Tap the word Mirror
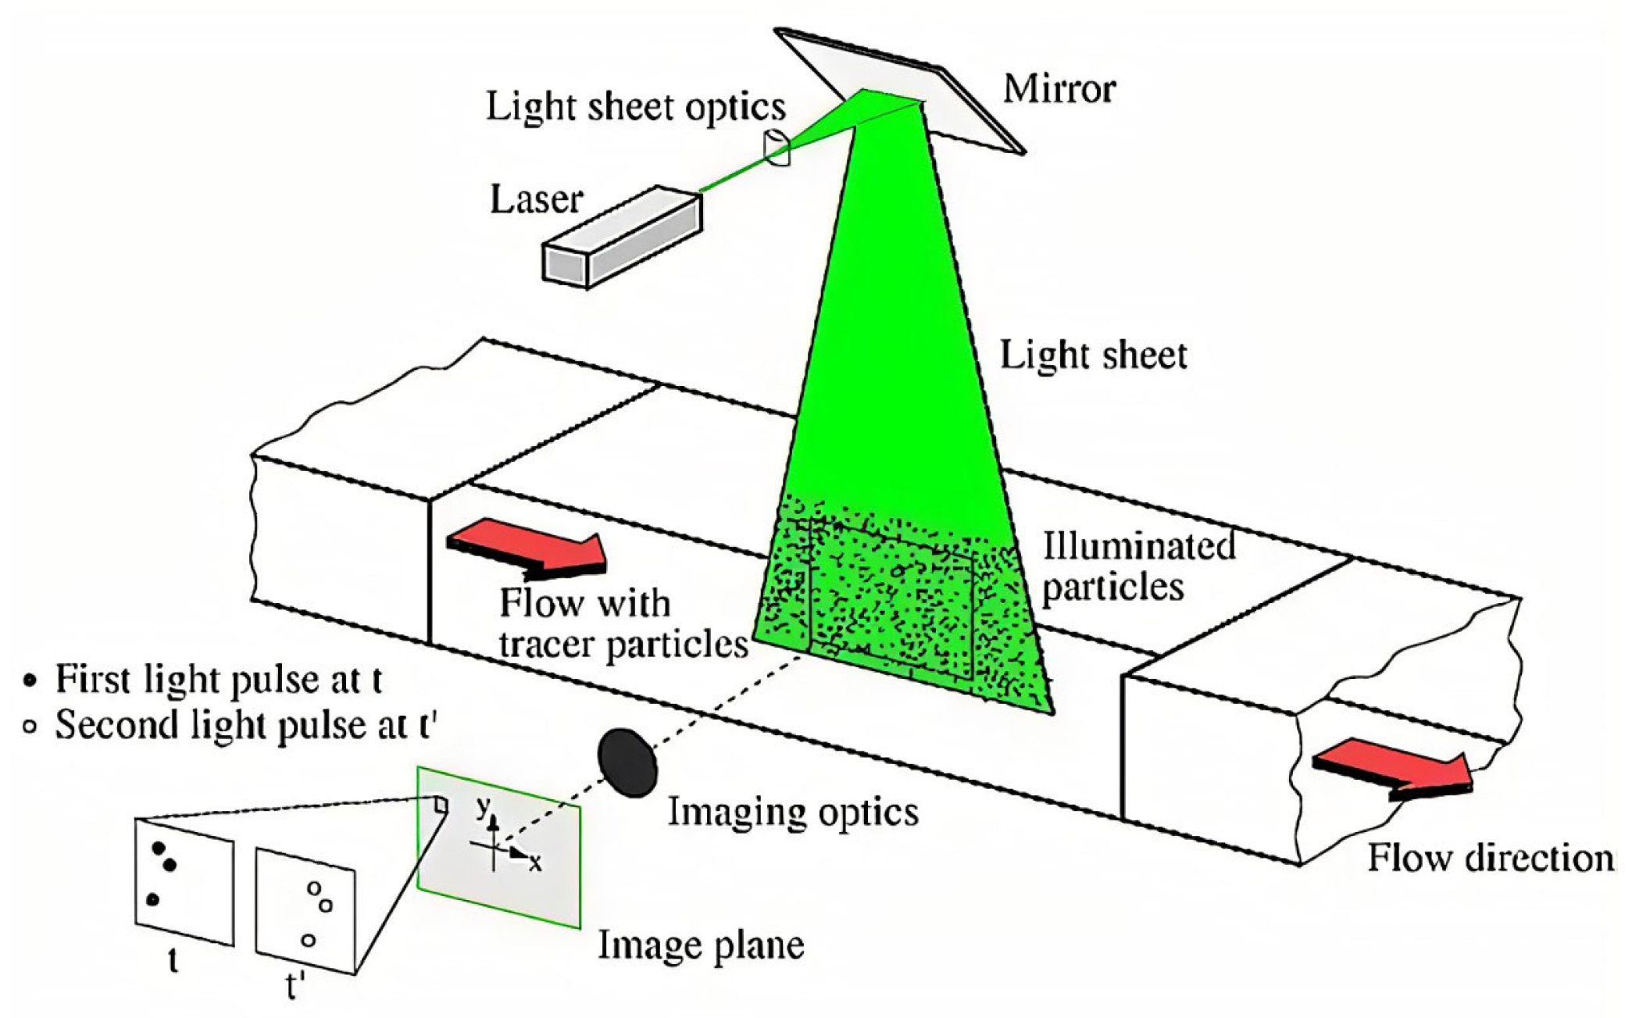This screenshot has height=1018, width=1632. (x=1059, y=89)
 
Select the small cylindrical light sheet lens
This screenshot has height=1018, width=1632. (x=777, y=148)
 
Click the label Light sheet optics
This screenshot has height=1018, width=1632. (x=635, y=107)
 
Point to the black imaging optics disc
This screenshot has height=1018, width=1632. (x=627, y=763)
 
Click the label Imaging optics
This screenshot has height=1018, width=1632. (x=792, y=813)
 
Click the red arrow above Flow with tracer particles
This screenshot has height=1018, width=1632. (x=527, y=546)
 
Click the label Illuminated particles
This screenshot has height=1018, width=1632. (x=1137, y=566)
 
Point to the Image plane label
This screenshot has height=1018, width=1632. (x=701, y=945)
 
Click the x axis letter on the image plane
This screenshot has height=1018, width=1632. (x=535, y=863)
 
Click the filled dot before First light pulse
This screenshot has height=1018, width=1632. (x=30, y=680)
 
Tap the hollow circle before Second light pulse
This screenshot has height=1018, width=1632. (x=30, y=727)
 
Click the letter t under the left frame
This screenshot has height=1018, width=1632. (x=173, y=960)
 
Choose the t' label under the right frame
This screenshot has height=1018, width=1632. (x=294, y=987)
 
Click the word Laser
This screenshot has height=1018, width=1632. (x=536, y=200)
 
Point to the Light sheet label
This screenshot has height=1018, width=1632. (x=1093, y=356)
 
